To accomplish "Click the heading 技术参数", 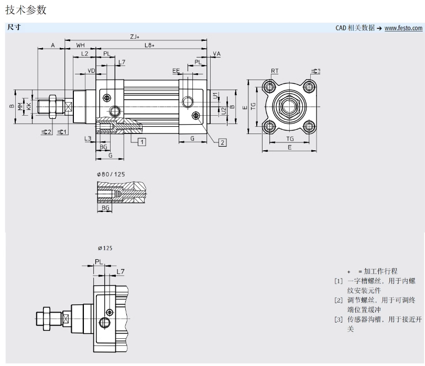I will pos(25,10).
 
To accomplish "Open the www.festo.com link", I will pos(403,28).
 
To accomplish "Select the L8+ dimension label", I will pos(150,46).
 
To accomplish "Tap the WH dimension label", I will pos(81,46).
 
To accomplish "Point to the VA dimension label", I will pos(217,54).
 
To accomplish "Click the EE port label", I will pos(176,70).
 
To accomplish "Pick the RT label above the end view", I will pos(275,71).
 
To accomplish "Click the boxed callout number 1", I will pos(141,141).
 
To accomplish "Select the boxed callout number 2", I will pos(222,142).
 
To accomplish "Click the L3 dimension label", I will pos(88,138).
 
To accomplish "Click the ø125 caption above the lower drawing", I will pos(105,248).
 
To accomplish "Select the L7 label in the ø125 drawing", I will pos(121,271).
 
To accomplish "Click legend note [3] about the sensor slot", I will pos(375,319).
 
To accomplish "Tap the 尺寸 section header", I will pos(14,27).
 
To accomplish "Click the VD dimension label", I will pos(91,70).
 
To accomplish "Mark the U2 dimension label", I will pos(224,110).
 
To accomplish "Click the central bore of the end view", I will pos(290,107).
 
